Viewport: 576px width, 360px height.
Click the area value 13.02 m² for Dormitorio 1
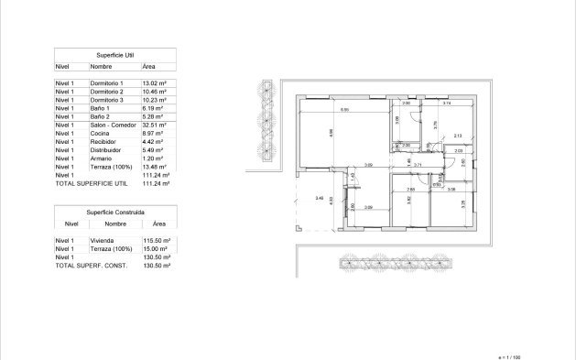click(153, 83)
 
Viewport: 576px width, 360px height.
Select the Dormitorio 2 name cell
click(107, 92)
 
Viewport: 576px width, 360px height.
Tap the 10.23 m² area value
click(153, 100)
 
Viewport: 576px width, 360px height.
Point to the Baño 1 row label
click(101, 108)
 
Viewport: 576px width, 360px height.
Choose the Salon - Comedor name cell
click(113, 125)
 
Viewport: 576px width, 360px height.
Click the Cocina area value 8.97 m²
click(152, 134)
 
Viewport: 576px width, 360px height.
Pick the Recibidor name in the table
click(102, 142)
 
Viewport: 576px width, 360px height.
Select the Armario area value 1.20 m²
click(152, 158)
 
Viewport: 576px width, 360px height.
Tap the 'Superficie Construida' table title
click(115, 212)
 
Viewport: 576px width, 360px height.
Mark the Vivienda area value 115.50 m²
click(158, 240)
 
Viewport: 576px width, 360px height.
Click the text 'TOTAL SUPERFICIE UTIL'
click(90, 183)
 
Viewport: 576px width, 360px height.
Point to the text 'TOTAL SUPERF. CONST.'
click(89, 265)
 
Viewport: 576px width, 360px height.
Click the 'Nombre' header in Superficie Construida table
click(115, 223)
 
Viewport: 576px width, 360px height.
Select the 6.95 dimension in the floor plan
click(344, 110)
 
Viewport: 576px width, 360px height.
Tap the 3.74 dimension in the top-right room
click(446, 104)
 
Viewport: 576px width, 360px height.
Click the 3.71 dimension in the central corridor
click(417, 165)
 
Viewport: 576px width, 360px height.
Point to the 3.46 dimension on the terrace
click(319, 198)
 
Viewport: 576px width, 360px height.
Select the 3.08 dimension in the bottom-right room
click(451, 189)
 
